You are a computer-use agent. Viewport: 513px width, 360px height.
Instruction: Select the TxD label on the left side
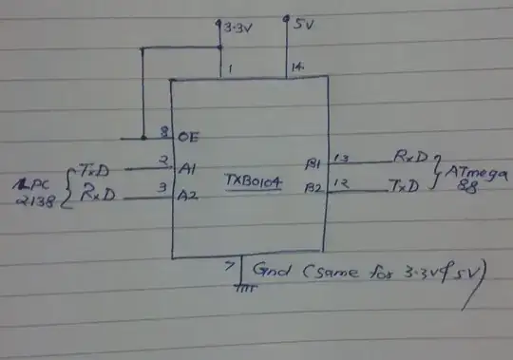(94, 169)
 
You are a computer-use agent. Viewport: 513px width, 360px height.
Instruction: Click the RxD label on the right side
(410, 155)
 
